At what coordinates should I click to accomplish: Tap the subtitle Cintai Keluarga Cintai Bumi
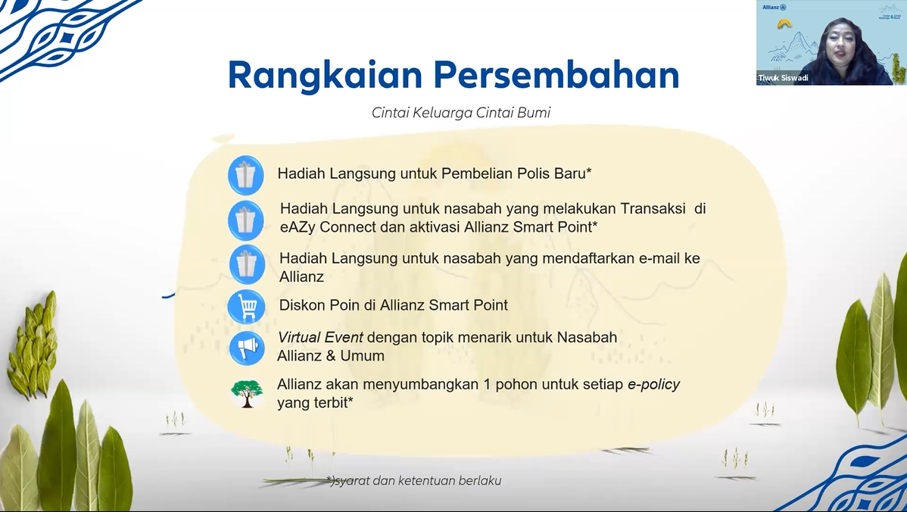click(x=461, y=113)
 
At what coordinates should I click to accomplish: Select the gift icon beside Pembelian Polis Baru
click(x=246, y=175)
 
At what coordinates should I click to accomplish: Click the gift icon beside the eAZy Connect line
click(x=246, y=220)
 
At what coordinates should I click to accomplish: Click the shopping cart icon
click(x=246, y=307)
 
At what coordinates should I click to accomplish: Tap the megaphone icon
click(x=246, y=348)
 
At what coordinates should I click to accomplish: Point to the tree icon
click(x=246, y=393)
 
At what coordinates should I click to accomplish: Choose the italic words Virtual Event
click(x=320, y=337)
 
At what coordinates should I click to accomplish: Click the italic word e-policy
click(x=653, y=385)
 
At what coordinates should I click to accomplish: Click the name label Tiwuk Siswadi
click(x=783, y=77)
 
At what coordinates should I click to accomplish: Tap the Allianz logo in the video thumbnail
click(x=774, y=8)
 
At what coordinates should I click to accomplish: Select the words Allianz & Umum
click(x=331, y=356)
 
